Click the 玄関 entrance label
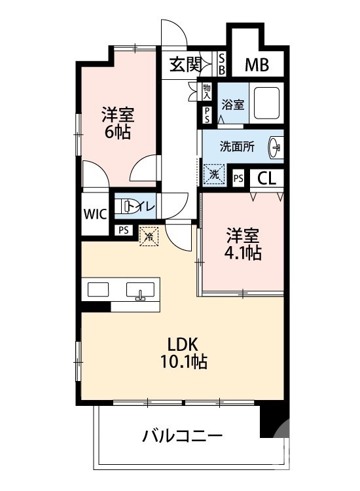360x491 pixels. [185, 65]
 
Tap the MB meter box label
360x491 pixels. [257, 65]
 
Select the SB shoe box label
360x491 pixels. [222, 65]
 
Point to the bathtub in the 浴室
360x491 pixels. [266, 103]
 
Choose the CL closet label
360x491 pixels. [266, 179]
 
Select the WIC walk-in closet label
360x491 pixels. [95, 214]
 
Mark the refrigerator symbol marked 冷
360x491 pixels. [149, 236]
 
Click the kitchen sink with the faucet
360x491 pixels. [140, 290]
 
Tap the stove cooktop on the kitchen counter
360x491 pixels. [98, 289]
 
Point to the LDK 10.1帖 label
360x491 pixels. [183, 354]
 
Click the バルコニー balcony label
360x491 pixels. [183, 435]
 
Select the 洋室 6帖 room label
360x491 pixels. [118, 123]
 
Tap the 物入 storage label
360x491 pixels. [207, 91]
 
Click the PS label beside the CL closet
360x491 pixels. [238, 179]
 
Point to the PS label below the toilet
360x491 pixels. [124, 230]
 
